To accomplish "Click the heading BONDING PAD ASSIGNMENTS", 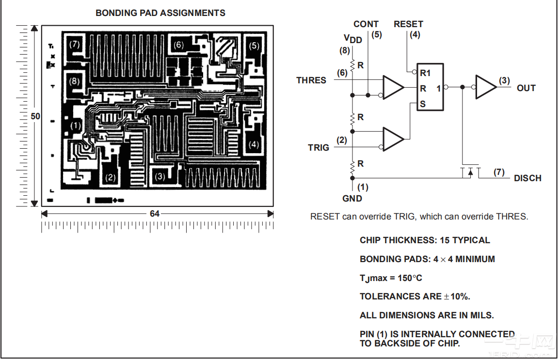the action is coord(160,13).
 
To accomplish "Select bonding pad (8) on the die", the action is coord(74,81).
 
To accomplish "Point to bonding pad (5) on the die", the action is coord(254,46).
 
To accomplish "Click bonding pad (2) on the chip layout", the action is coord(110,177).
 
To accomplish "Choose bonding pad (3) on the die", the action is coord(160,176).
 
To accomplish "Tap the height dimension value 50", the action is coord(35,116).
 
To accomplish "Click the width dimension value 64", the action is coord(154,214).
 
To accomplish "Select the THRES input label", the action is coord(311,80).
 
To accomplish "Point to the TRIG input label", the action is coord(319,148).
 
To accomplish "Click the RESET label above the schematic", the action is coord(408,24).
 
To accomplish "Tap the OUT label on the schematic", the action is coord(526,88).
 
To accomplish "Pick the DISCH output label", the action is coord(527,178).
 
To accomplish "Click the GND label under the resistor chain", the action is coord(352,199).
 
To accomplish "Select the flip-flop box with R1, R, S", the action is coord(431,87).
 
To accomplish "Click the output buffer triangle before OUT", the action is coord(486,87).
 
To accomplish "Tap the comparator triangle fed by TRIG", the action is coord(393,139).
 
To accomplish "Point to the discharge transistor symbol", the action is coord(471,172).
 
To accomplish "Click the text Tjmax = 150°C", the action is coord(391,278).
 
